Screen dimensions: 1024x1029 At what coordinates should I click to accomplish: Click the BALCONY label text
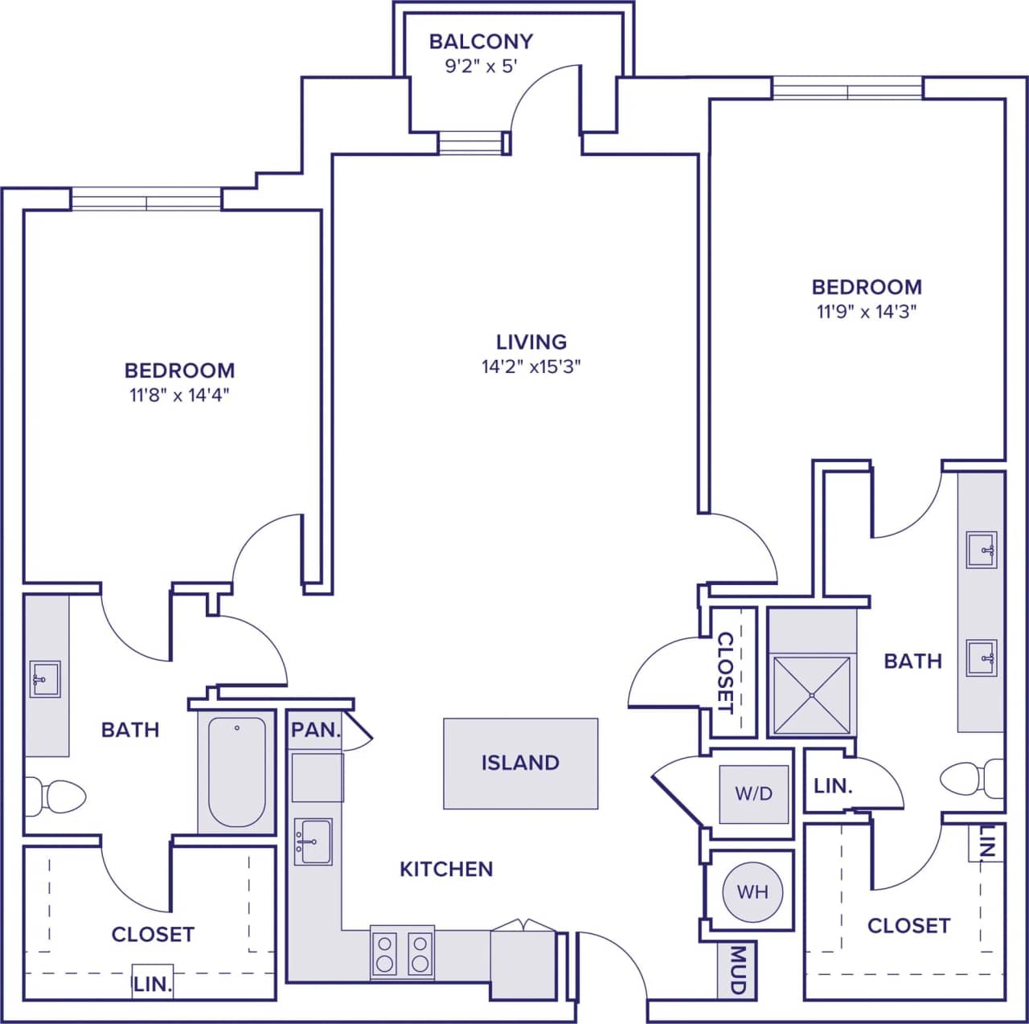coord(481,41)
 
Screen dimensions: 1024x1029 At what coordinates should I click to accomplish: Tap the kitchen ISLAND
coord(520,763)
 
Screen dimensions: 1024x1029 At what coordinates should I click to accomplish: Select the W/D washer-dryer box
coord(753,794)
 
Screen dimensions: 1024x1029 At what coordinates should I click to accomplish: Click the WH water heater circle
coord(752,891)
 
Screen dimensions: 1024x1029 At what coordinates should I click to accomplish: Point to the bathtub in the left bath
coord(237,772)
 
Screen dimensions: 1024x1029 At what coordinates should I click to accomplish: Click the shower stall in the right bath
coord(811,695)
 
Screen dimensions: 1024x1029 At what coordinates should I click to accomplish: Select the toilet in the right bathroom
coord(970,778)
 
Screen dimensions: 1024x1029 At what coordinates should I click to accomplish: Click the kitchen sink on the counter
coord(313,842)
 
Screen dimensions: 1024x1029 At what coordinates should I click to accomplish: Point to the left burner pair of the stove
coord(386,952)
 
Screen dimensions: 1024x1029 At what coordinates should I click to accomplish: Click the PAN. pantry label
coord(315,730)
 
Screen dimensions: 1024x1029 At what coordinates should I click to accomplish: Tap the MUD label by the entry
coord(737,969)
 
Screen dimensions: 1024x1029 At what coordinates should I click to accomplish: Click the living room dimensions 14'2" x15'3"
coord(531,367)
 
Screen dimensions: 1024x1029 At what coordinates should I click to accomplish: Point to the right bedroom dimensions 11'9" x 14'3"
coord(867,311)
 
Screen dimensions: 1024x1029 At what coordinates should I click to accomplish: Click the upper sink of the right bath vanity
coord(982,551)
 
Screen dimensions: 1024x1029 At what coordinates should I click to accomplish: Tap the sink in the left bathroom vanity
coord(45,680)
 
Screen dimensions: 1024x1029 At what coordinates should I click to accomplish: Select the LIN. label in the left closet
coord(152,985)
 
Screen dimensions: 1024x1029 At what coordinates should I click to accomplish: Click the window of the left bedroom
coord(146,199)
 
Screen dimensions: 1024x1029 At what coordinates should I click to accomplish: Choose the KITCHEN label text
coord(446,869)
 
